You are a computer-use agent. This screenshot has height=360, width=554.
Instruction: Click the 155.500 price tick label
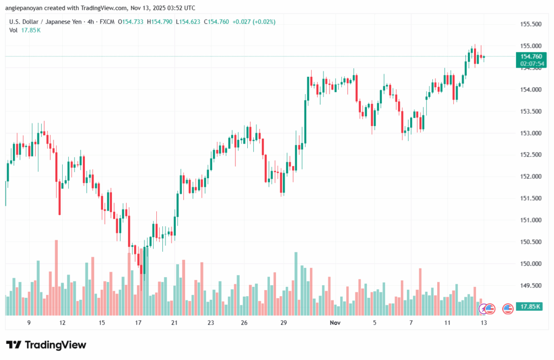531,24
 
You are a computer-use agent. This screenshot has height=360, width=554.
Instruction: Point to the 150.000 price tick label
531,264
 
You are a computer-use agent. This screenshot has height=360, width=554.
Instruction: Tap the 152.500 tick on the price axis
531,155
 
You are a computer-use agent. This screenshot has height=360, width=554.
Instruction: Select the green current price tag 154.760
531,56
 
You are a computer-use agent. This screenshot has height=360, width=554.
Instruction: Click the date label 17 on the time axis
138,322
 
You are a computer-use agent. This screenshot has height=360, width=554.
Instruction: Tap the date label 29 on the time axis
283,322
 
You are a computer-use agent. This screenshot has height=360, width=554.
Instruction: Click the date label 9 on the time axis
29,322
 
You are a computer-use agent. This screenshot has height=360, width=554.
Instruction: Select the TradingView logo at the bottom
46,345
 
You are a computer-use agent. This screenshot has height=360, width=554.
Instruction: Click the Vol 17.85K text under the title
25,30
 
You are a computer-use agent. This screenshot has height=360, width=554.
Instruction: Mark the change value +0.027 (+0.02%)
253,22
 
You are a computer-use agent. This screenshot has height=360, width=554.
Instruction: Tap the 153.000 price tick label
531,133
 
